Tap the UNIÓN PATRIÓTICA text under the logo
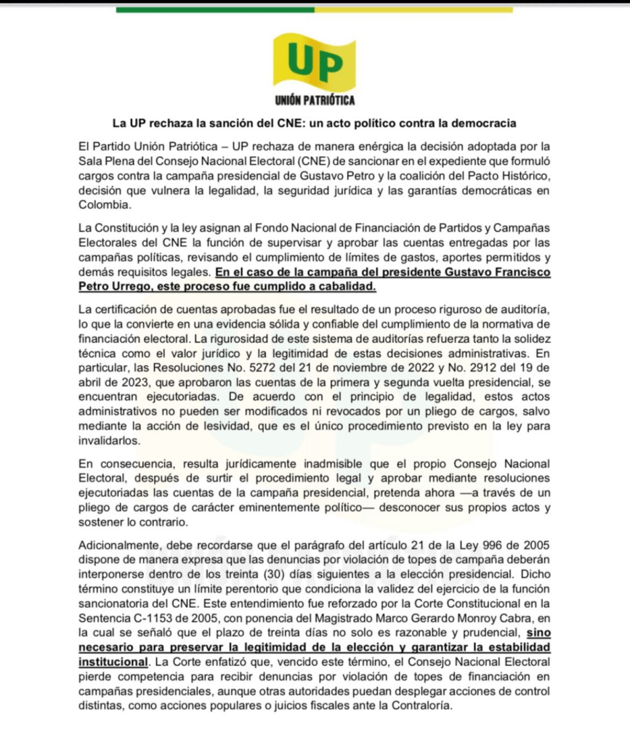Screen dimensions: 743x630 coord(315,99)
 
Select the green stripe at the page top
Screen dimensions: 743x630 coord(215,9)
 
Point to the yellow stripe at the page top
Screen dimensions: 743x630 coord(413,9)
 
